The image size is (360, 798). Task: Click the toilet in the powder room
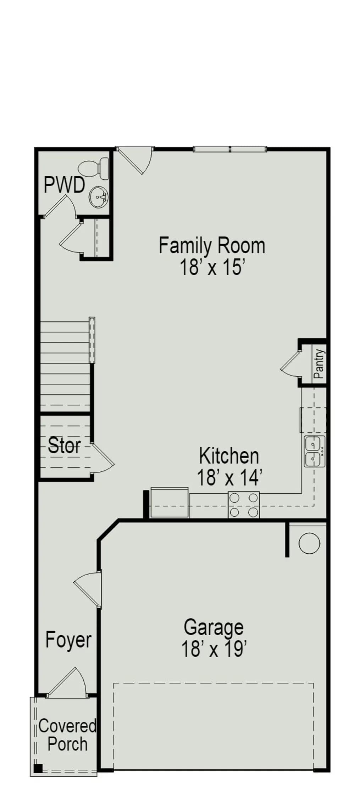(x=94, y=169)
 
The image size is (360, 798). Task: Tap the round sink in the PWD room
(x=98, y=197)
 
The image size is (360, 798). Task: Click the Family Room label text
(x=212, y=245)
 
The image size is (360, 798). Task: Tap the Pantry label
(x=319, y=364)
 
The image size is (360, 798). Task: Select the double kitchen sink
(x=315, y=451)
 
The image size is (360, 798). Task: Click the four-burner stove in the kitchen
(x=244, y=505)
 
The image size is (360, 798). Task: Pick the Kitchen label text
(x=229, y=456)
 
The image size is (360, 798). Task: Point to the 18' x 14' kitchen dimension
(x=229, y=477)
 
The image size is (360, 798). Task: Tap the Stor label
(x=64, y=445)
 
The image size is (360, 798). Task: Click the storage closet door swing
(x=103, y=458)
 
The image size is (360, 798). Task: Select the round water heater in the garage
(x=309, y=543)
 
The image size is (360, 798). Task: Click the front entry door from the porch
(x=67, y=682)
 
